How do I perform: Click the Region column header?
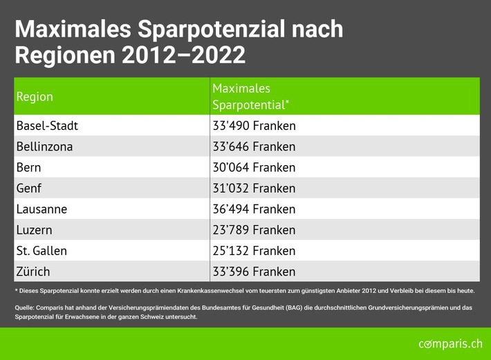point(35,97)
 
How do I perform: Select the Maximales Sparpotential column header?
point(250,97)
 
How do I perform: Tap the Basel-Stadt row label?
point(47,126)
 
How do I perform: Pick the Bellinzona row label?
point(44,146)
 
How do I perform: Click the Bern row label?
point(28,167)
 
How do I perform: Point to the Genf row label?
point(29,188)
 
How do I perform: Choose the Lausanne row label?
point(41,209)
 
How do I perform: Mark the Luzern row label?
point(34,229)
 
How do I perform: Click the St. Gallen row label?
point(41,250)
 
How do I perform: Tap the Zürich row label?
point(33,271)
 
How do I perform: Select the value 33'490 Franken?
point(254,126)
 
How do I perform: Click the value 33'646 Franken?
point(254,146)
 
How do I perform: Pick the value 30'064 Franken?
point(254,167)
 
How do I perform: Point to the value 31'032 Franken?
point(254,188)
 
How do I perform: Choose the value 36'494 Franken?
point(254,209)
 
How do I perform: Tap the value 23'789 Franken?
point(254,229)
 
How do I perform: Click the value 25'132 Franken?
point(254,250)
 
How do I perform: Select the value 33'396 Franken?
point(254,271)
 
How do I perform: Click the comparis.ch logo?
point(450,343)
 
